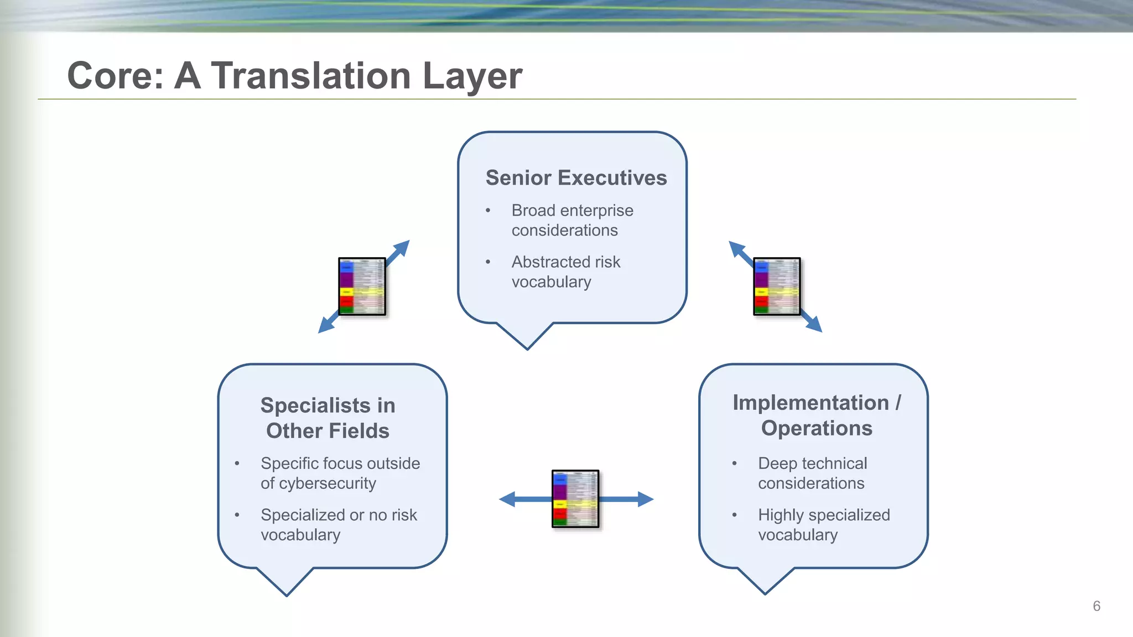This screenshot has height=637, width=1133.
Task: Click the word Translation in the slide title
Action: point(310,76)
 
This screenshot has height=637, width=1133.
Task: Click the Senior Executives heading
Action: point(576,178)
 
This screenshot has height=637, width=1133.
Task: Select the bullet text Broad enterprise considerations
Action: point(571,220)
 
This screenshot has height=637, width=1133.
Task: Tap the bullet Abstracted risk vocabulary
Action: point(565,271)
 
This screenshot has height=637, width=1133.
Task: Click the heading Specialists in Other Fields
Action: point(328,418)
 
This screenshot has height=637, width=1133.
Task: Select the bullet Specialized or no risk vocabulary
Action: point(338,525)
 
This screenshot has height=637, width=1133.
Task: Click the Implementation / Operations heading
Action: point(817,415)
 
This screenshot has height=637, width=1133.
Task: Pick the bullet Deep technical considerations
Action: point(812,473)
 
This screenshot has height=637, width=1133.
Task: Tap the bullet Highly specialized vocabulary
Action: point(823,525)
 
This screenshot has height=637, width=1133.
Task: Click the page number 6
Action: point(1096,606)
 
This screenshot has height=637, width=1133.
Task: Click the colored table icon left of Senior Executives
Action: point(362,286)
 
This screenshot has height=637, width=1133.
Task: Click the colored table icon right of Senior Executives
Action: point(777,286)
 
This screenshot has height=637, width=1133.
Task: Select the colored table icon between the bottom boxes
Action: point(575,499)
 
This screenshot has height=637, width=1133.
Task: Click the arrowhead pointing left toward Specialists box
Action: point(506,499)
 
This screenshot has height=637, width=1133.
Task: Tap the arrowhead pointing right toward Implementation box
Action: point(646,499)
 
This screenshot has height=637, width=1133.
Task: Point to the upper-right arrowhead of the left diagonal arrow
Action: point(402,247)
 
